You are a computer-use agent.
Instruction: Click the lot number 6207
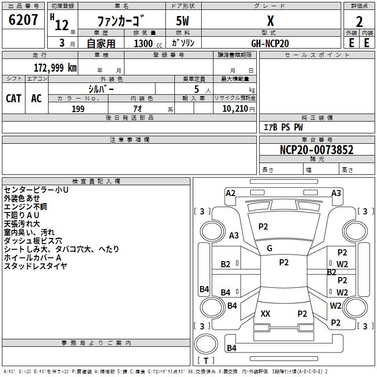24,20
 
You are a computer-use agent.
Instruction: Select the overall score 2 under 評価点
360,21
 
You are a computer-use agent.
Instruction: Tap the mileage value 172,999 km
55,67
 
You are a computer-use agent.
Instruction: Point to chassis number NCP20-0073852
316,150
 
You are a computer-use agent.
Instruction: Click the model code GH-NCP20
270,43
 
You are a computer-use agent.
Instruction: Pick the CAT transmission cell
14,98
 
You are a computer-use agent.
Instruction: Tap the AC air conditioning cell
36,98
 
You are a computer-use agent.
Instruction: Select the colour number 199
78,109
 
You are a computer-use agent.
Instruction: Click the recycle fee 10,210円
235,109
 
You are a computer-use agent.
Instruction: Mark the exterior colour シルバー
101,89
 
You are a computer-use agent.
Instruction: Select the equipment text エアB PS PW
283,127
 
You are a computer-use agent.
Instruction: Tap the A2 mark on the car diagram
230,193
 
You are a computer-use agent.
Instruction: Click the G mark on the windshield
270,248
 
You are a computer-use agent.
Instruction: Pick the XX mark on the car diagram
265,313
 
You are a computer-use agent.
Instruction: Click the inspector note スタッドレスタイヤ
35,266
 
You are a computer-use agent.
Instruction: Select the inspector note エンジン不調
25,206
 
